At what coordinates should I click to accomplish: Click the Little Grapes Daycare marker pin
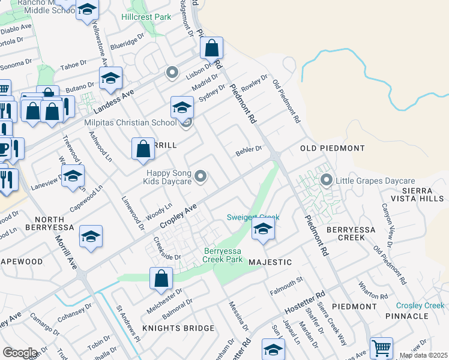click(x=327, y=179)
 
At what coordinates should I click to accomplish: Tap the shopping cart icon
click(x=381, y=348)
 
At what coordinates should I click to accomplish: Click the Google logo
click(x=20, y=353)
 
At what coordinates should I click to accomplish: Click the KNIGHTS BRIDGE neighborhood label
click(x=178, y=328)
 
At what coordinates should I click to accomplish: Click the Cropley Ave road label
click(x=179, y=216)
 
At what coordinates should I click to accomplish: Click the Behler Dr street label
click(x=249, y=150)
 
